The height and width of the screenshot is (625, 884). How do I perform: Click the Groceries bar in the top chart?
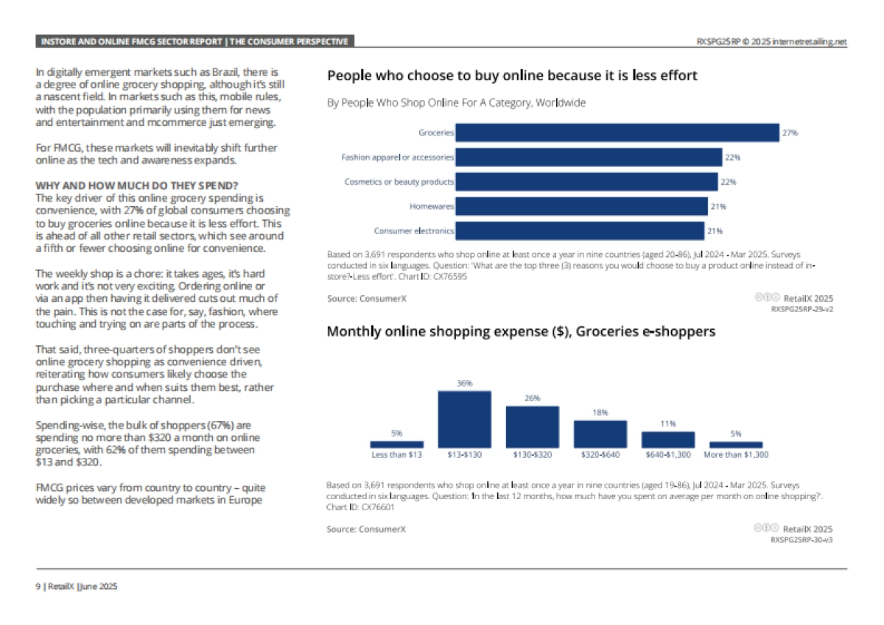[x=617, y=133]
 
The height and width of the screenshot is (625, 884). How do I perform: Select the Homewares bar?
[x=581, y=206]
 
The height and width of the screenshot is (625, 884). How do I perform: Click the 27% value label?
[x=790, y=133]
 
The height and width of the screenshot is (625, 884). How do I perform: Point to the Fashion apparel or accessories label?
[x=397, y=158]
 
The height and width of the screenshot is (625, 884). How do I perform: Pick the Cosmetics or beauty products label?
[x=399, y=182]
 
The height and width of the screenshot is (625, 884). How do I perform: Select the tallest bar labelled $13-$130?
[x=465, y=419]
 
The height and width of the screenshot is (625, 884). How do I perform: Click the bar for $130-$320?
[x=532, y=426]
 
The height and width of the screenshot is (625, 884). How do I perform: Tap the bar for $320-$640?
[x=600, y=434]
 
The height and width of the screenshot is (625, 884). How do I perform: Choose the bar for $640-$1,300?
[x=668, y=439]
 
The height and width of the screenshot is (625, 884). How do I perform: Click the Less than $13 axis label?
[x=396, y=455]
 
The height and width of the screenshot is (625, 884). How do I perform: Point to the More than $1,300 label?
[x=736, y=455]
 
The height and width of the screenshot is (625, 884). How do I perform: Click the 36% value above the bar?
[x=465, y=384]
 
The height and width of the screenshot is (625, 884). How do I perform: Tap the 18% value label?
[x=600, y=413]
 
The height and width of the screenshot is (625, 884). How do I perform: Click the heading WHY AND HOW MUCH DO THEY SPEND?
[x=113, y=186]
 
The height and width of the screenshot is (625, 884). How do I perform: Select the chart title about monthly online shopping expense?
[x=520, y=332]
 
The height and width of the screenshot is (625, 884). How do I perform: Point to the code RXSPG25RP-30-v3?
[x=801, y=540]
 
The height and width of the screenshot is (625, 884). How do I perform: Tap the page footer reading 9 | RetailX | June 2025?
[x=77, y=587]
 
